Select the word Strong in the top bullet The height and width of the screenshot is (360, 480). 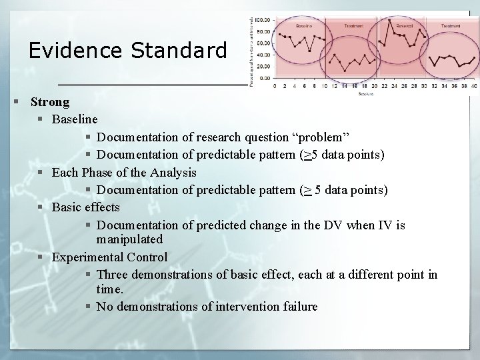[x=50, y=102]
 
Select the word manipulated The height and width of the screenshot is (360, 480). [x=129, y=238]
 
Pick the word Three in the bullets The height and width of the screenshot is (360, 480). [x=113, y=274]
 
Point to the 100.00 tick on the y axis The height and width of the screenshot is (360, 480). [x=263, y=20]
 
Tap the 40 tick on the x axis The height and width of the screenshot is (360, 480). [x=474, y=86]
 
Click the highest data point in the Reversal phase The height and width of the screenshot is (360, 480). [x=389, y=19]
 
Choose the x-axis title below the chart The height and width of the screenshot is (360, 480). [x=365, y=93]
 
